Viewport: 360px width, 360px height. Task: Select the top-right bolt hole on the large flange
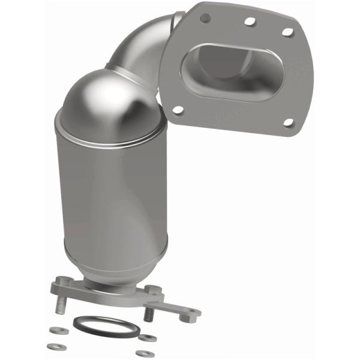click(x=287, y=31)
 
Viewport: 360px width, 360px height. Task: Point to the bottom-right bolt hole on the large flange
click(x=288, y=122)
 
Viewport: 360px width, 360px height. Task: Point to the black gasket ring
click(x=106, y=326)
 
